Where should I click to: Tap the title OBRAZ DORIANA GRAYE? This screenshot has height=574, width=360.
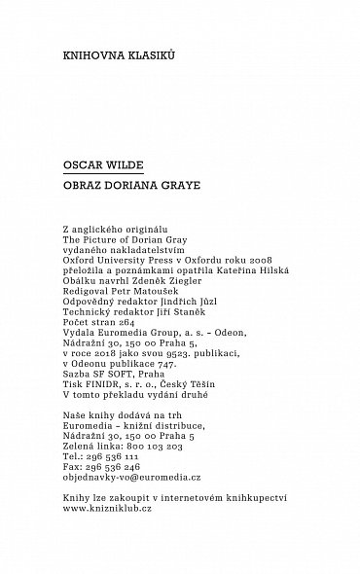121,185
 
